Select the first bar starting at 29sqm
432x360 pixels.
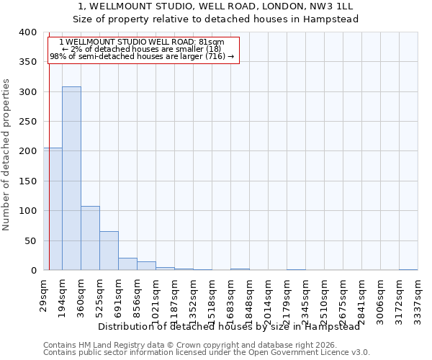coord(53,209)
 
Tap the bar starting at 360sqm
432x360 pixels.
coord(90,238)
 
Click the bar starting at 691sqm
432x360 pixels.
coord(127,264)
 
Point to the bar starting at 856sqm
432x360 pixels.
coord(146,266)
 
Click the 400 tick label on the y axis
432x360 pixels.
coord(28,32)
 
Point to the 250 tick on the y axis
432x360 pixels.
coord(28,122)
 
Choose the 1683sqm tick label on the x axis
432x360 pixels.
coord(230,299)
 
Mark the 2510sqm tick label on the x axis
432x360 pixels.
coord(324,299)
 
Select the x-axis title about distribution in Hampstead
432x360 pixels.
coord(229,326)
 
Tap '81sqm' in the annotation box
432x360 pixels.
coord(210,42)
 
